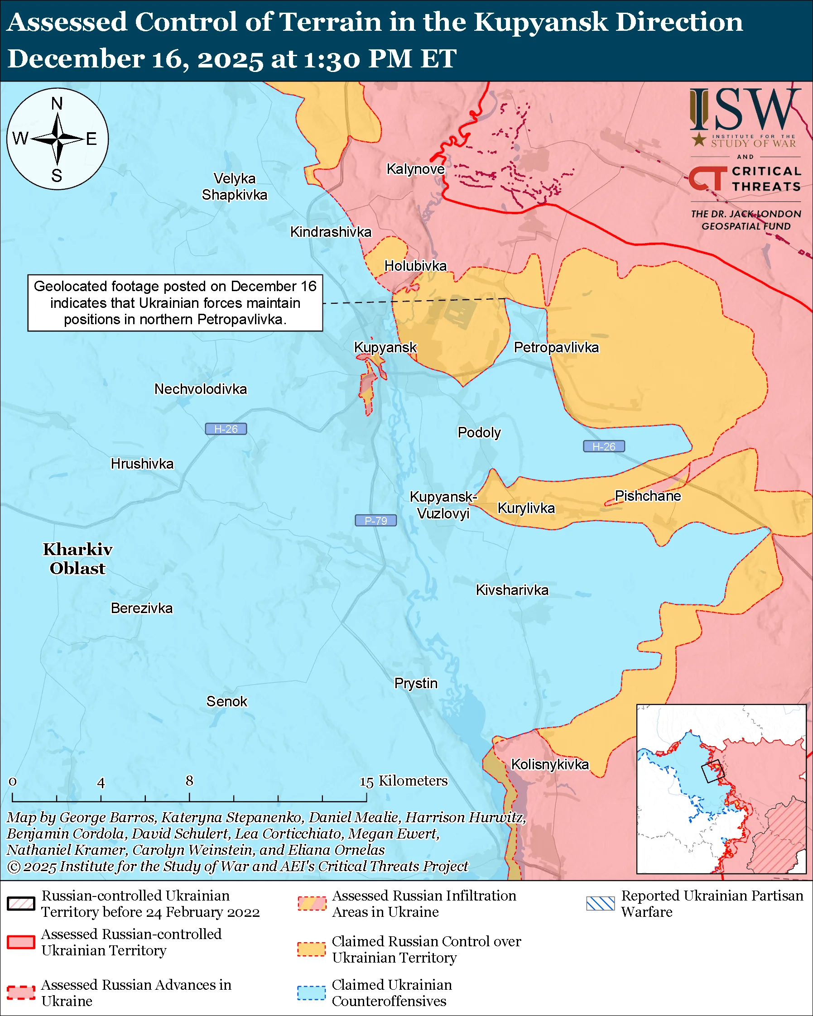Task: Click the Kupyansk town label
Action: point(385,347)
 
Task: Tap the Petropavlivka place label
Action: point(556,347)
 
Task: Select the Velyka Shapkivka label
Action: point(234,187)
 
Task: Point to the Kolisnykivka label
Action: point(550,764)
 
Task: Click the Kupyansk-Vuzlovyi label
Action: point(443,505)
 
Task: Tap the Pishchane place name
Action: point(648,496)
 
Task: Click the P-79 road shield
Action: point(375,520)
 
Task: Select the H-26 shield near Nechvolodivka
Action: point(226,429)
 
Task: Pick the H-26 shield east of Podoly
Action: point(604,446)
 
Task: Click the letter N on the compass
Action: point(57,103)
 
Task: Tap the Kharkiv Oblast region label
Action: point(78,558)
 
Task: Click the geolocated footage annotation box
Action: point(175,302)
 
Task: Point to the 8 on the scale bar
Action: point(189,781)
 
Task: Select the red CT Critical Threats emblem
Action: point(707,178)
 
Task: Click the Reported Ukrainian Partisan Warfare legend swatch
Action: point(601,903)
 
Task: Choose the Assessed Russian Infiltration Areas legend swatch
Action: point(311,903)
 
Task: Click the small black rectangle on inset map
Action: point(712,772)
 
